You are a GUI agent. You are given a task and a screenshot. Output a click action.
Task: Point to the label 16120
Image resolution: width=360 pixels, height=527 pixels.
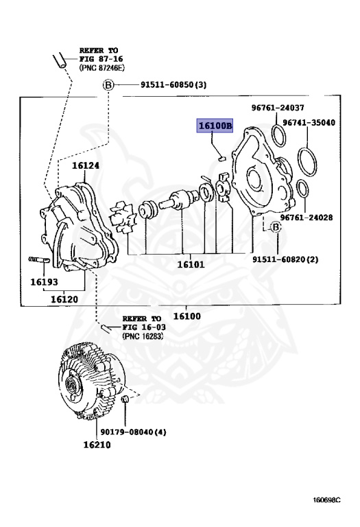pos(63,299)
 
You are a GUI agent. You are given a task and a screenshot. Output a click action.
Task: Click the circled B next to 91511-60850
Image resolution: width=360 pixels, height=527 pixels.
pos(108,85)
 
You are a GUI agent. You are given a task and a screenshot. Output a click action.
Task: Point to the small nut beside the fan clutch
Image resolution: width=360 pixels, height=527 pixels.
pos(125,399)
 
